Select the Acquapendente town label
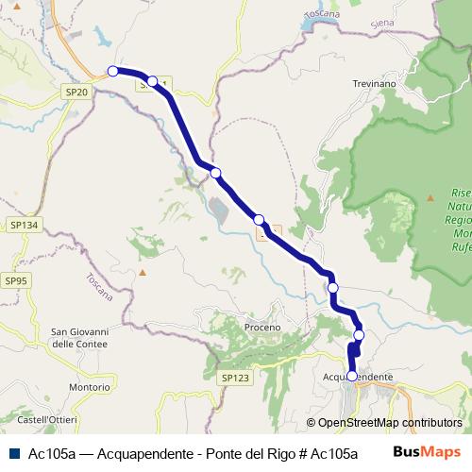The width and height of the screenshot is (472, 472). point(358,377)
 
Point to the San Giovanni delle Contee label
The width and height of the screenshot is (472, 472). point(80,338)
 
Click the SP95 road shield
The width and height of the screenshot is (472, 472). point(16,280)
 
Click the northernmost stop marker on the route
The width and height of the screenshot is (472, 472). point(112,71)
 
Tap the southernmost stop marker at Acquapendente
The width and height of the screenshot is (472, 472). point(352,376)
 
